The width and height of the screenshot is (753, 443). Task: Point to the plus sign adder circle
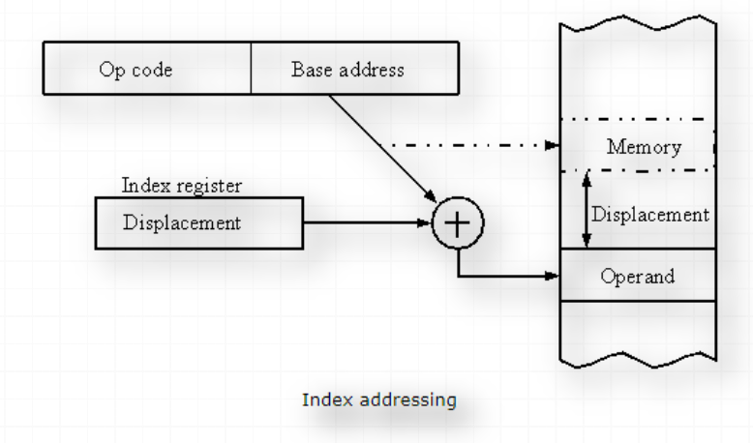click(457, 222)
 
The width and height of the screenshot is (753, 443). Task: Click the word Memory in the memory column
click(644, 148)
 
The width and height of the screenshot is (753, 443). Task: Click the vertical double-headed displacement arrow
click(584, 209)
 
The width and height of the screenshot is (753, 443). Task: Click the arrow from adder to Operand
click(503, 276)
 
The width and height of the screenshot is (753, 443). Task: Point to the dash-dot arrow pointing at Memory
click(465, 147)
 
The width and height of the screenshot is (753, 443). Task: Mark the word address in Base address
click(376, 71)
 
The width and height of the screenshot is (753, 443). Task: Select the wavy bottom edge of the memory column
click(639, 363)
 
